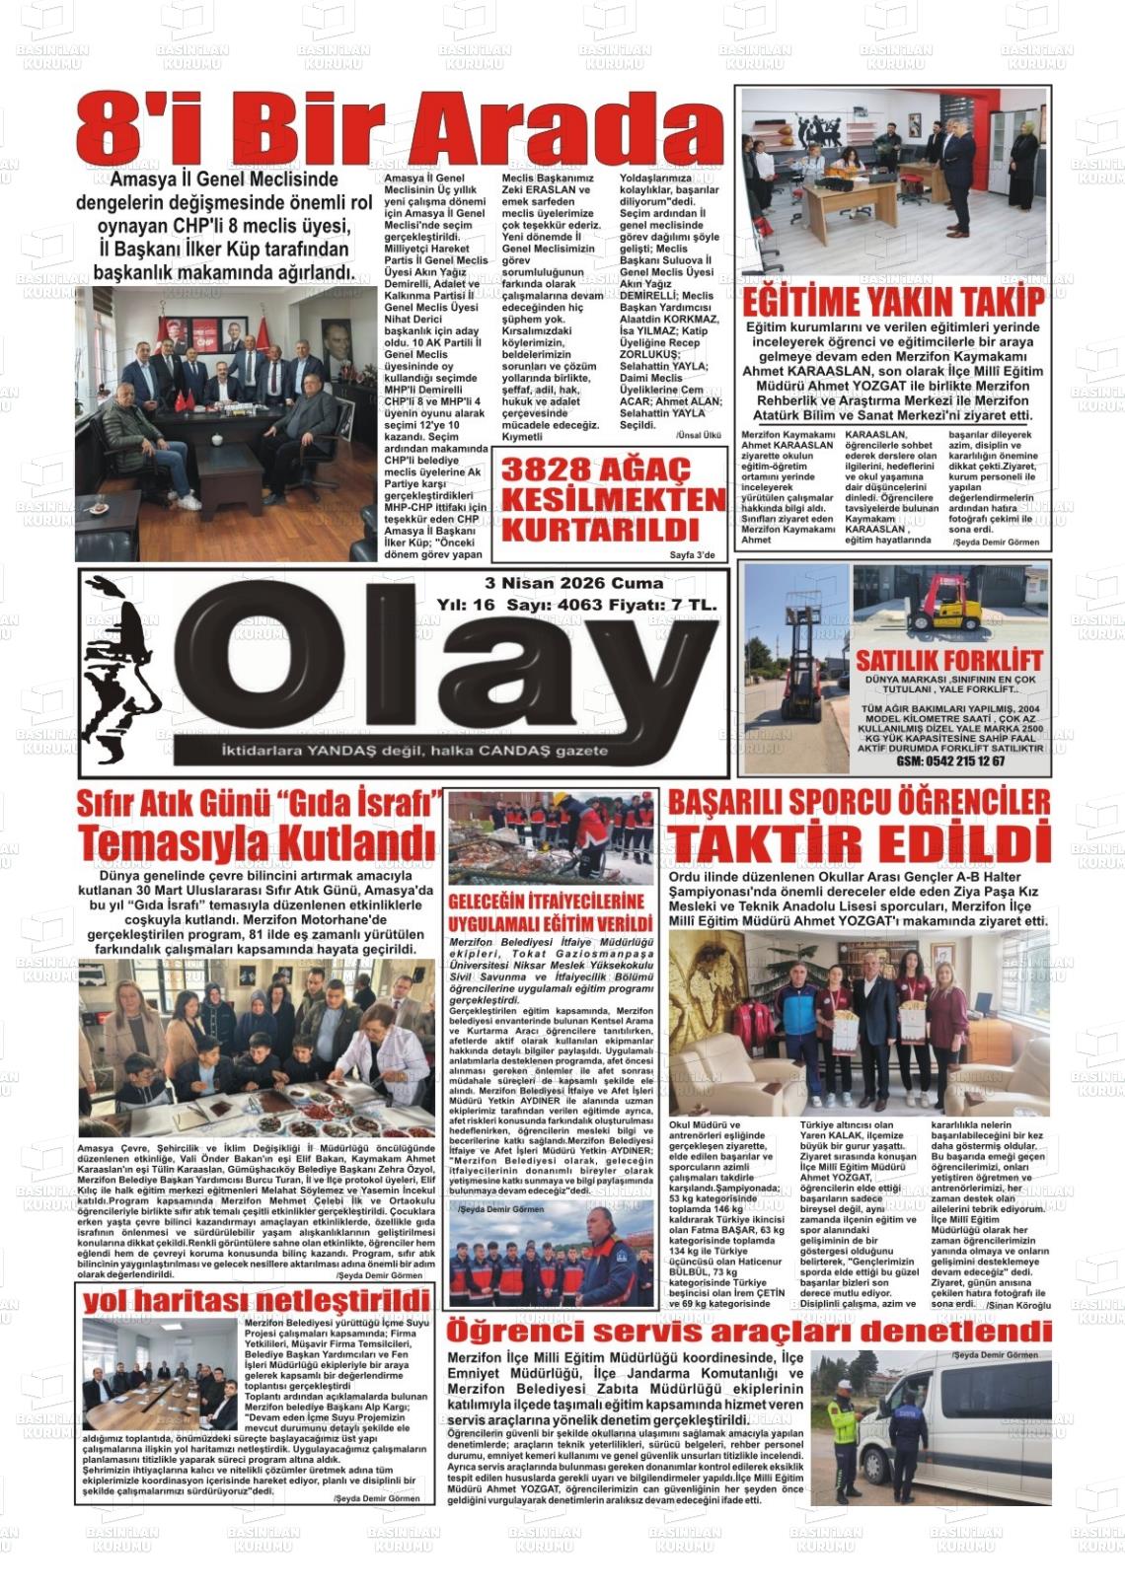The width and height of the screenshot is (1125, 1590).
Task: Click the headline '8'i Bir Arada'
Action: (399, 134)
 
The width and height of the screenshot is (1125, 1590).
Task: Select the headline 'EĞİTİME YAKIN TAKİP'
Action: (894, 302)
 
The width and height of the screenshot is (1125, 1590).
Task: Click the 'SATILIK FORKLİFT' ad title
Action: (949, 660)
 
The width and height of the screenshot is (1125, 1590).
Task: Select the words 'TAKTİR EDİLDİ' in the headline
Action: (858, 844)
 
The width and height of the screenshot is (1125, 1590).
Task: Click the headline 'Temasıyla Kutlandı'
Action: (258, 843)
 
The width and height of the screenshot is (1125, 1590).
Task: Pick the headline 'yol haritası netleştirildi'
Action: (257, 1299)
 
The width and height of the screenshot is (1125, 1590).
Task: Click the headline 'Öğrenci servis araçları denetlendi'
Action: (748, 1332)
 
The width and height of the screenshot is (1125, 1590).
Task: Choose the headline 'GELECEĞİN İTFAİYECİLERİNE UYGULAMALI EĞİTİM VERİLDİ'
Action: (546, 913)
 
